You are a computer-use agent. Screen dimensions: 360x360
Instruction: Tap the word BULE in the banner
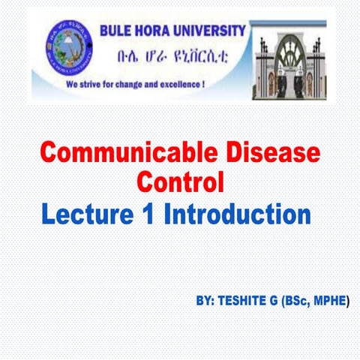point(116,31)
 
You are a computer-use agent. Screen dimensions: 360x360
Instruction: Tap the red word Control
point(180,182)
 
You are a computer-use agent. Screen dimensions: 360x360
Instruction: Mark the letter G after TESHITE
point(279,301)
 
